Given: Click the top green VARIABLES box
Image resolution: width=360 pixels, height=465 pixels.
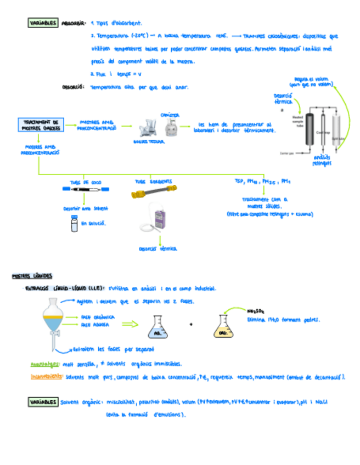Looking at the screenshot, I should (43, 23).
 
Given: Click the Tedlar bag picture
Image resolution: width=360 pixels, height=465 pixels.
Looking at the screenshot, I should (147, 128).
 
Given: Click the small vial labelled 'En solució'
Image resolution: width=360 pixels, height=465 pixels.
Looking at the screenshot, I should (74, 224).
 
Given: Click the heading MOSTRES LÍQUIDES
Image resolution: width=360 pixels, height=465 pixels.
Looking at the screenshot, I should (32, 275).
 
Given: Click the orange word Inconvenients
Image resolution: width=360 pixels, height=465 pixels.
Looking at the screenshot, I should (46, 377).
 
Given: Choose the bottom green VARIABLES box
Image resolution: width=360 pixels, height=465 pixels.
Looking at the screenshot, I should (43, 402).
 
